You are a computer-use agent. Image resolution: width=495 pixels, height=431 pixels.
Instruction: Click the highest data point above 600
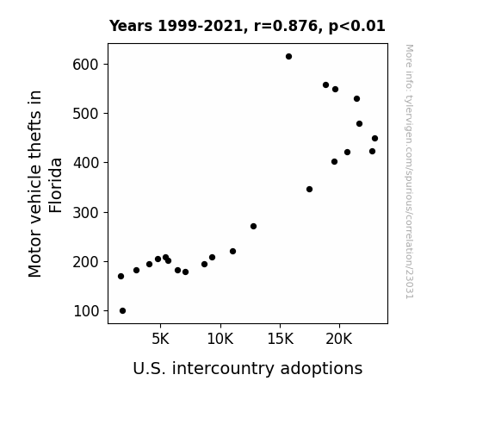tap(288, 57)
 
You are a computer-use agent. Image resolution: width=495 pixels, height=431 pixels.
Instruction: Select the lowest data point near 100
tap(123, 311)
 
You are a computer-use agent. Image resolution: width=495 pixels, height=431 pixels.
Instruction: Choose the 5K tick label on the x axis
tap(160, 339)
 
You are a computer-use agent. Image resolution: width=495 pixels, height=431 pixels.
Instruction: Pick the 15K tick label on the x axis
tap(280, 339)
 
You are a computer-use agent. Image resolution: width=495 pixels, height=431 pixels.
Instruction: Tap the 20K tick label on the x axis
tap(339, 339)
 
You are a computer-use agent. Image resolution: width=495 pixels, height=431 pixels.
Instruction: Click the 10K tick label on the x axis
tap(220, 339)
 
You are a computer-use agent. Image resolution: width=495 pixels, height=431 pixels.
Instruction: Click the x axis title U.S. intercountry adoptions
tap(248, 368)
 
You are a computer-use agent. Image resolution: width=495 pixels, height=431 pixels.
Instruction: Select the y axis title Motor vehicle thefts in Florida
tap(45, 184)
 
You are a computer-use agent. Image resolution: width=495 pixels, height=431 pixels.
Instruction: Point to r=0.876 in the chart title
tap(286, 26)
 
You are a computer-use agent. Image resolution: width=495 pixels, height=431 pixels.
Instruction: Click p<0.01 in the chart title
tap(356, 26)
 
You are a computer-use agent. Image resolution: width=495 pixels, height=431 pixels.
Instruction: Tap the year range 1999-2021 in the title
tap(201, 26)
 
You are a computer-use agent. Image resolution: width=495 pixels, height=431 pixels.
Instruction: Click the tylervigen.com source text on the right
tap(409, 172)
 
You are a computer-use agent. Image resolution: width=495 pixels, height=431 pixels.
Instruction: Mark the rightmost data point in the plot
tap(374, 139)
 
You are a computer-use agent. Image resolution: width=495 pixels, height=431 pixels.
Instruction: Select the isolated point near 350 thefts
tap(309, 189)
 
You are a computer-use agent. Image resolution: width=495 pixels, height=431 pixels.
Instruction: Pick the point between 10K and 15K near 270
tap(253, 227)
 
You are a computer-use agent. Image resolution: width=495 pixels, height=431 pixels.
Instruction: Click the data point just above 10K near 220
tap(232, 252)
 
